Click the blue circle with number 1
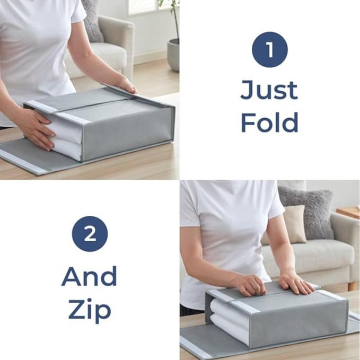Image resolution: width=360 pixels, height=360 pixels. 269,50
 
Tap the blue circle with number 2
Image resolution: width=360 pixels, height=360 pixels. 90,234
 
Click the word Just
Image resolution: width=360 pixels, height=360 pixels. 269,90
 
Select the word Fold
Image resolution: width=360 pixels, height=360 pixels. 269,122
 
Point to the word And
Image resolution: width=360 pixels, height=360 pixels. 89,276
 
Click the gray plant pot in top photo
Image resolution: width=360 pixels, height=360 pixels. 173,55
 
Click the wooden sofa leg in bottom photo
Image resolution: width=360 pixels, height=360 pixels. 352,286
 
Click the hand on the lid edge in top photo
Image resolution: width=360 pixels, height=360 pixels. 127,85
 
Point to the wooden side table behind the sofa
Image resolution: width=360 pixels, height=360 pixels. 348,213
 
